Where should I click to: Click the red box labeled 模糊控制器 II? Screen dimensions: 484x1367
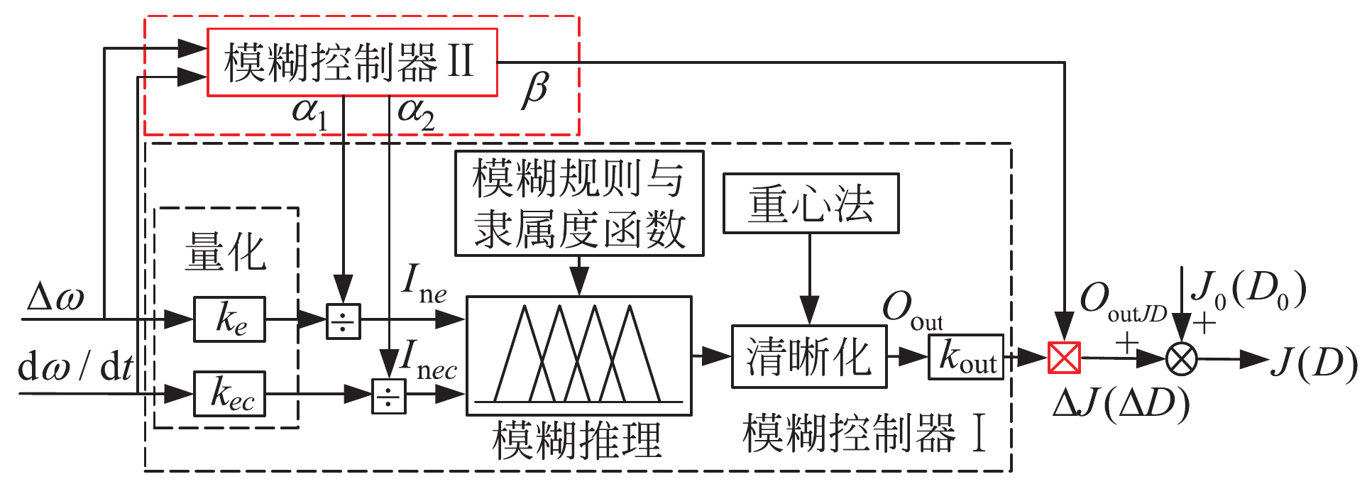[x=351, y=62]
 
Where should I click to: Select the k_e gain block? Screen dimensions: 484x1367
[x=229, y=319]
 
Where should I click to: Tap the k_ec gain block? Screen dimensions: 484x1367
[x=229, y=394]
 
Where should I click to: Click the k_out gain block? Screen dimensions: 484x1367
[x=965, y=357]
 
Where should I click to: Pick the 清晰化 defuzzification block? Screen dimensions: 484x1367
[x=808, y=356]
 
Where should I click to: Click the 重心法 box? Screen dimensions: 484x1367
[x=811, y=204]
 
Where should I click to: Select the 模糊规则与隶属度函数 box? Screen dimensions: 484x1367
[x=578, y=204]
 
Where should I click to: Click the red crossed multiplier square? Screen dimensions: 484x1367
[x=1064, y=358]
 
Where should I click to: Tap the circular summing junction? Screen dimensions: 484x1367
[x=1181, y=359]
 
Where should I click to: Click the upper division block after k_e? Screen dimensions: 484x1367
[x=343, y=321]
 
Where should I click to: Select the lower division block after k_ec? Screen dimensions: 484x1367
[x=389, y=396]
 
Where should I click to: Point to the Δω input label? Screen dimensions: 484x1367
[x=55, y=298]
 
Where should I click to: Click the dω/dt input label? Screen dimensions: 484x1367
[x=75, y=367]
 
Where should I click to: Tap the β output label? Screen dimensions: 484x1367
[x=534, y=91]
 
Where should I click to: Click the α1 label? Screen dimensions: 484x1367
[x=309, y=114]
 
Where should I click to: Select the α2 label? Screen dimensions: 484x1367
[x=416, y=114]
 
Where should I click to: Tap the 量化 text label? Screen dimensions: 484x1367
[x=225, y=252]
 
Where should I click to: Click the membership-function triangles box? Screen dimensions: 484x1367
[x=578, y=356]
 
